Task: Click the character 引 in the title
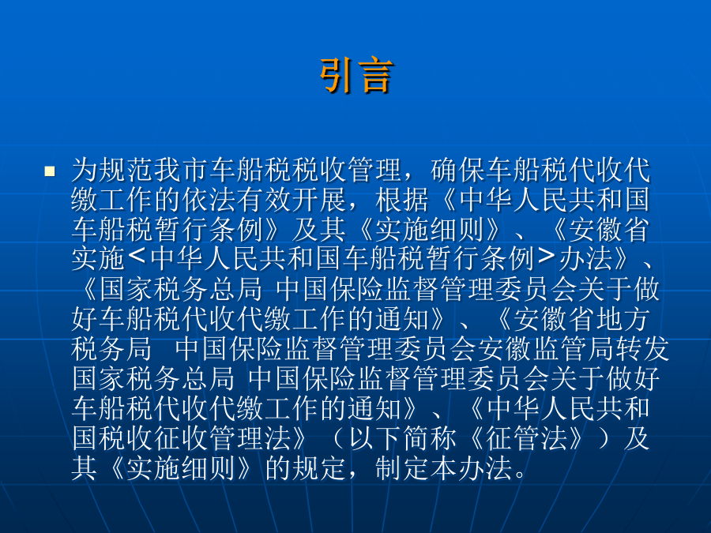point(337,75)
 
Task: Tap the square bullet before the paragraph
point(50,171)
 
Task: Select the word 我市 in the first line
point(168,170)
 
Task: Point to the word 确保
point(458,170)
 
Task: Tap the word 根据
point(402,200)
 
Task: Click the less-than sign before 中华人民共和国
point(137,258)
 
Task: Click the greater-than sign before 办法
point(547,258)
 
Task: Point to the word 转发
point(642,349)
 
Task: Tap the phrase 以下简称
point(402,439)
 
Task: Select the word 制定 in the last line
point(402,468)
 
